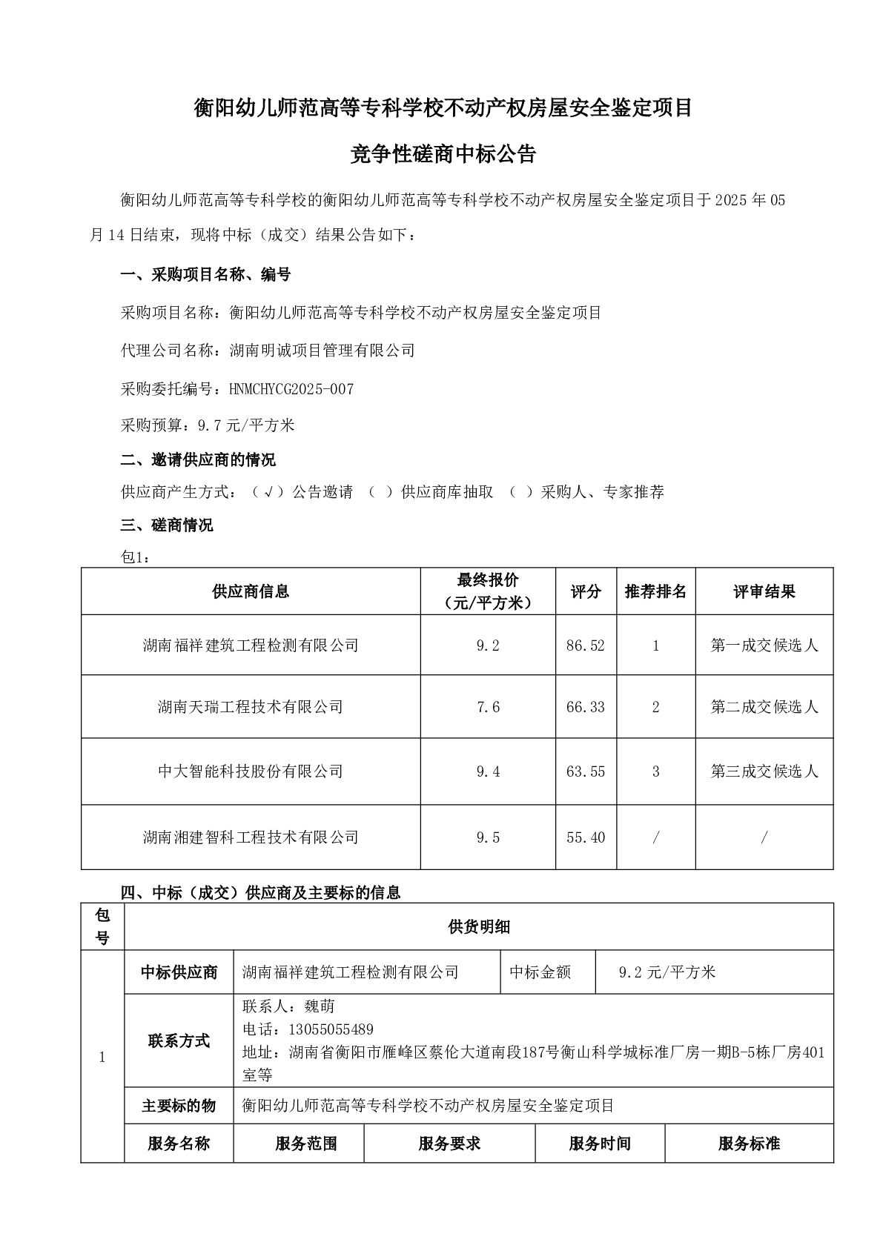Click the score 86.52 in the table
pyautogui.click(x=585, y=645)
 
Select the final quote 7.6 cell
pyautogui.click(x=488, y=707)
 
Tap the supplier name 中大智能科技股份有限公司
pyautogui.click(x=251, y=771)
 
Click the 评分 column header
pyautogui.click(x=585, y=591)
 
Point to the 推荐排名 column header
pyautogui.click(x=655, y=591)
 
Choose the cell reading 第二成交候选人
pyautogui.click(x=764, y=707)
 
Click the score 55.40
pyautogui.click(x=585, y=837)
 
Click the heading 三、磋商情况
pyautogui.click(x=167, y=525)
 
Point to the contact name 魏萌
pyautogui.click(x=320, y=1006)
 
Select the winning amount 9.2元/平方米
pyautogui.click(x=667, y=972)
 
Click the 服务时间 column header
pyautogui.click(x=599, y=1144)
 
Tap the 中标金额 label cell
pyautogui.click(x=540, y=972)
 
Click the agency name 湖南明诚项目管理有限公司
pyautogui.click(x=323, y=351)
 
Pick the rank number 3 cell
pyautogui.click(x=655, y=771)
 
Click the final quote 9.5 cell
pyautogui.click(x=488, y=837)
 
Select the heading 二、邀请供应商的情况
pyautogui.click(x=198, y=459)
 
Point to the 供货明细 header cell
pyautogui.click(x=478, y=926)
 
